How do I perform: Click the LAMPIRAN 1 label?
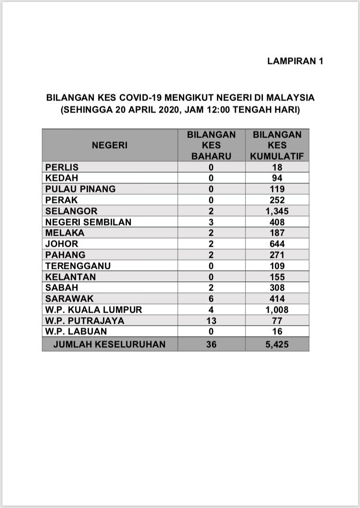point(295,61)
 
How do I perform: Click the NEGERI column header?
point(110,145)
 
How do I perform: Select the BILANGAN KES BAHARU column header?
point(211,145)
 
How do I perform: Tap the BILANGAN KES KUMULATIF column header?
point(277,145)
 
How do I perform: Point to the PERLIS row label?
point(62,167)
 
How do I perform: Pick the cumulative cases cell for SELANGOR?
point(277,211)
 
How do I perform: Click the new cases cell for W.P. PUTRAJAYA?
point(211,320)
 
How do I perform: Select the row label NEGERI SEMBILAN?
point(88,222)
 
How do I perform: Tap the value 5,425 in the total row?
point(277,344)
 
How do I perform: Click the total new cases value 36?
point(211,344)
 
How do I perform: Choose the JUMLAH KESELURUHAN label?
point(110,344)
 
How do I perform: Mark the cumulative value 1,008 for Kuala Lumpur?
point(277,310)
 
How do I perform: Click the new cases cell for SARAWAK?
point(211,299)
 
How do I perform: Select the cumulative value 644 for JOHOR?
point(277,244)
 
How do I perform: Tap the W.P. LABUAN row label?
point(76,331)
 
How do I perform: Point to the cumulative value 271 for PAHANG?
point(277,255)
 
